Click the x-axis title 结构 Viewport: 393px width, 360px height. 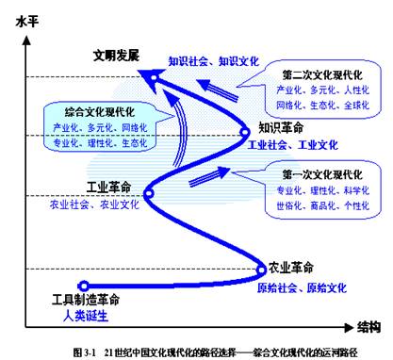click(x=369, y=327)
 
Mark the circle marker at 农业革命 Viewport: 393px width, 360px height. click(x=262, y=267)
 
